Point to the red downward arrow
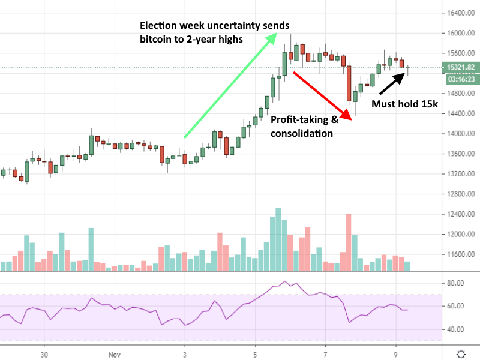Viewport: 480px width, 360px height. coord(321,94)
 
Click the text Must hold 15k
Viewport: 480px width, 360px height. coord(404,104)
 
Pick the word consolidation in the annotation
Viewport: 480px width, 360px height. coord(302,133)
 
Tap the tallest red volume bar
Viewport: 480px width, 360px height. coord(349,242)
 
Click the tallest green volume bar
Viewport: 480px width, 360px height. coord(278,239)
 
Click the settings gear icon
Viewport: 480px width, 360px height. coord(460,353)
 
